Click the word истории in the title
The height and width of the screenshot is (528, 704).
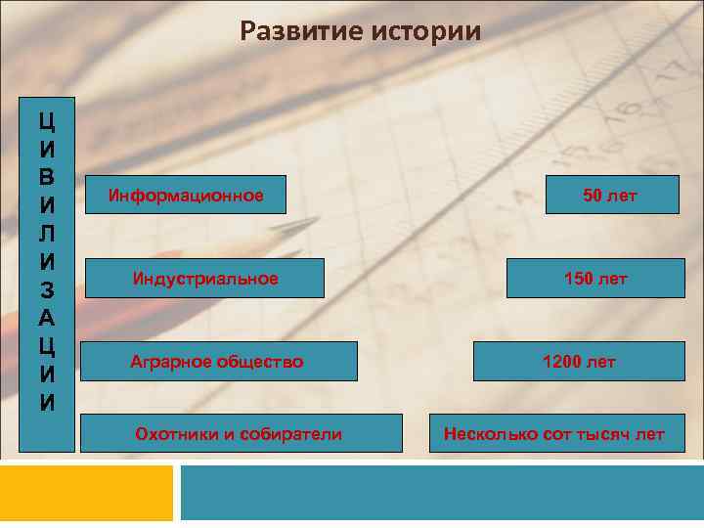[x=426, y=32]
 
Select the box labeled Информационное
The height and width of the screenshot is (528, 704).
[x=186, y=196]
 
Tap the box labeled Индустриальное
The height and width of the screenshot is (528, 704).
[x=205, y=279]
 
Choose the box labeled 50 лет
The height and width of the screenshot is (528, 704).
[x=610, y=196]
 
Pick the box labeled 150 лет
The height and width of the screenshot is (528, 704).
[x=595, y=279]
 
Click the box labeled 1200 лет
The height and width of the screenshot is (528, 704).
[x=579, y=362]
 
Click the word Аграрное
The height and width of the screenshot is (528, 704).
[x=169, y=362]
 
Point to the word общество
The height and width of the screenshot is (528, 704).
[x=258, y=362]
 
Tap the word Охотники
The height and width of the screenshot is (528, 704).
[x=176, y=433]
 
